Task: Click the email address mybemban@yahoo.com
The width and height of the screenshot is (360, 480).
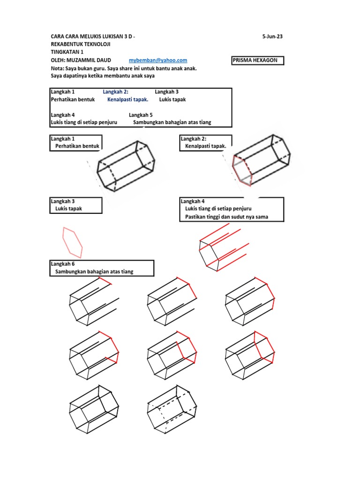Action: coord(158,60)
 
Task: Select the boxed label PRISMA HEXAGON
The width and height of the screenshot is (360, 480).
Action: coord(258,60)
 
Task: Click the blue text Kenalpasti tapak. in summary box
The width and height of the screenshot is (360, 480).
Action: coord(127,99)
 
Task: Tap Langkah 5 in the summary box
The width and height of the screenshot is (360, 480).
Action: coord(141,115)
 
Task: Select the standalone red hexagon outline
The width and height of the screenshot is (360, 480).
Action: coord(73,242)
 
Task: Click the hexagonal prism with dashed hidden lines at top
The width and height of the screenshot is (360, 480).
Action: coord(126,165)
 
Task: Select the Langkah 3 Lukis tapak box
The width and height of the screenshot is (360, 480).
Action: coord(75,205)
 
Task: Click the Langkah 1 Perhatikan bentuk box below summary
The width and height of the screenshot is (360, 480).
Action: coord(75,142)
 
